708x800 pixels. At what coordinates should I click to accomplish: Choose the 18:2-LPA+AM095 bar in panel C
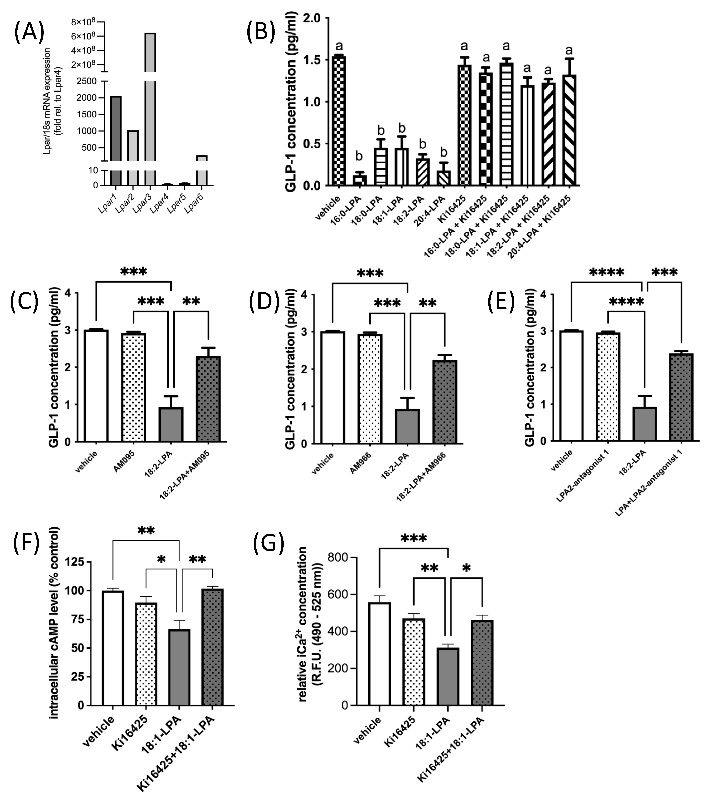click(x=208, y=399)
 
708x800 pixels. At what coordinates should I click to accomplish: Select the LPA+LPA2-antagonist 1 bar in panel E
click(x=681, y=397)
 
